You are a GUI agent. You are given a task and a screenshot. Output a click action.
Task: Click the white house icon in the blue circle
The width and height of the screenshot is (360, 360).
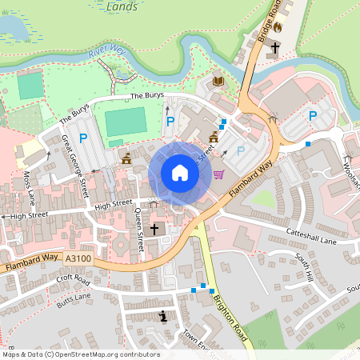pos(180,173)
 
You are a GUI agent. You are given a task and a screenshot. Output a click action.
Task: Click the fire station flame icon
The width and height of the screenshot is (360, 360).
pos(278,26)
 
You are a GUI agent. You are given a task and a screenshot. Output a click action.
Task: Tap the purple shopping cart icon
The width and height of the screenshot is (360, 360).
pos(218,174)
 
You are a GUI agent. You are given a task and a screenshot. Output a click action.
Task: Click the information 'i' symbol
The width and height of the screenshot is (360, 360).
pos(164,316)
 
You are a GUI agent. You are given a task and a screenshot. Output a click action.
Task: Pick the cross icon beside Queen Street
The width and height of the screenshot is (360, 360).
pos(154,230)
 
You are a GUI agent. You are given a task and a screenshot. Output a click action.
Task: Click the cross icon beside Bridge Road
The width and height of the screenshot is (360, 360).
pos(274,47)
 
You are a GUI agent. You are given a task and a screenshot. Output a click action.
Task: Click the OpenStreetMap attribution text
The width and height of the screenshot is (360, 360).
pos(81,354)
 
